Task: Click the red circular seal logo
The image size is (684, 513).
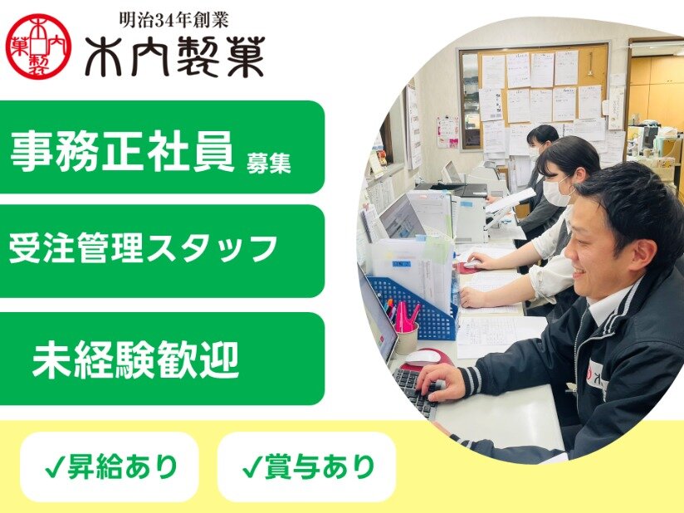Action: tap(38, 46)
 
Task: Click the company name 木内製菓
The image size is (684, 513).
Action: tap(175, 56)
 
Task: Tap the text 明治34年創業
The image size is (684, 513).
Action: tap(174, 20)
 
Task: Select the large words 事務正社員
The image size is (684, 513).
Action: tap(123, 151)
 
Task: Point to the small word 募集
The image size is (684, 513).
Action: tap(269, 164)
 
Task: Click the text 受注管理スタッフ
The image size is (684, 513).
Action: tap(143, 249)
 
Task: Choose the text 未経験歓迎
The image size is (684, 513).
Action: tap(135, 359)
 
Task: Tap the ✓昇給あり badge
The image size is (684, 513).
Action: tap(110, 467)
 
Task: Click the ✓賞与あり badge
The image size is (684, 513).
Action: tap(306, 467)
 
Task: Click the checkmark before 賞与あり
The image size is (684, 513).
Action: tap(252, 467)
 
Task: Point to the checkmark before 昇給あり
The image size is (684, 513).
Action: tap(55, 467)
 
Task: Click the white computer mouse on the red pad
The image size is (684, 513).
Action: tap(422, 358)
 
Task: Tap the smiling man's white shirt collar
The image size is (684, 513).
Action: tap(608, 304)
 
